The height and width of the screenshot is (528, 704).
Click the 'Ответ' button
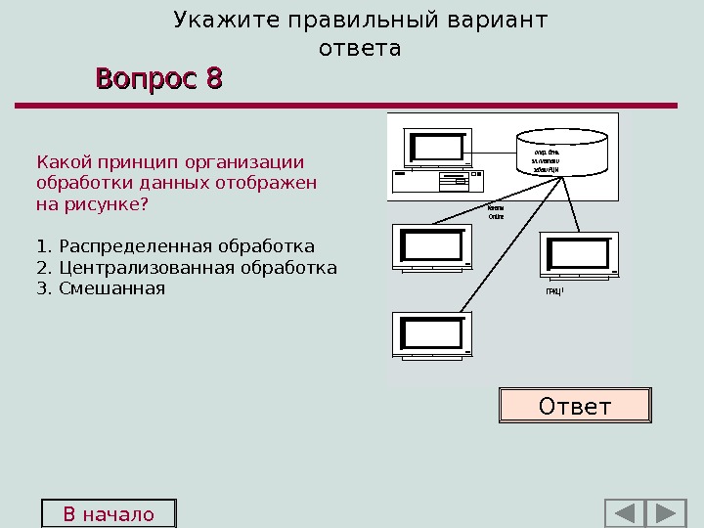[575, 405]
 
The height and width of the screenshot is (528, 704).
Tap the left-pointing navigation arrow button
[624, 514]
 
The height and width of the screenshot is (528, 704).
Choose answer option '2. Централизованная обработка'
[186, 267]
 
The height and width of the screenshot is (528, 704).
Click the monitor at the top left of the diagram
[437, 147]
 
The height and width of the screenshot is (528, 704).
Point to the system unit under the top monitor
[437, 181]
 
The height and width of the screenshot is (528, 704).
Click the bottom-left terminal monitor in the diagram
[431, 333]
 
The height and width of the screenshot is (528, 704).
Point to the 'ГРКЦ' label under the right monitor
[555, 290]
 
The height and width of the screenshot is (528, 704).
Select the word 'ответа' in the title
[360, 48]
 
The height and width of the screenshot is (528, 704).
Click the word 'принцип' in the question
[139, 161]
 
